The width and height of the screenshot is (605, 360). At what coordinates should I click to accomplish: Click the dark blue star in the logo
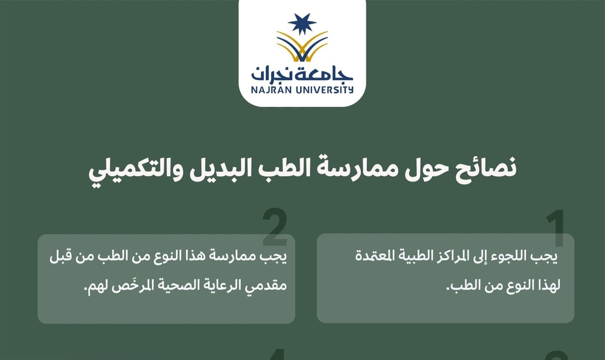[302, 24]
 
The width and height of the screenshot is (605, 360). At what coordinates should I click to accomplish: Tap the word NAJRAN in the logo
[271, 90]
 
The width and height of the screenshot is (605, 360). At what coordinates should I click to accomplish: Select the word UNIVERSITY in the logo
[324, 90]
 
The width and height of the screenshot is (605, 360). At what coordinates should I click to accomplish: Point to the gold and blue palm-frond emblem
[302, 46]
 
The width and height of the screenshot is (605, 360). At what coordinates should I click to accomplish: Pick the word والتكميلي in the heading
[135, 171]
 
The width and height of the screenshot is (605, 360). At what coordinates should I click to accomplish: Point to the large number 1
[555, 228]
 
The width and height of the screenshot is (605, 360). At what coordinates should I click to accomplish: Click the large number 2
[275, 227]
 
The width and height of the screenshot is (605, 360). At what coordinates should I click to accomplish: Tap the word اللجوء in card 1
[513, 256]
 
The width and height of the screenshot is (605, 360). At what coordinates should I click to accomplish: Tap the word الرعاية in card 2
[218, 285]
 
